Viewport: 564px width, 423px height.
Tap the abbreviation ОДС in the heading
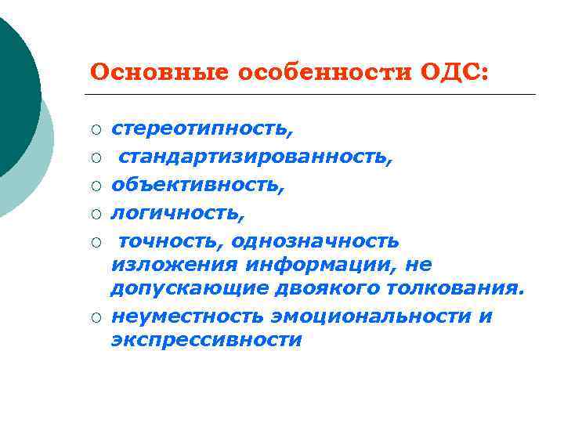(454, 73)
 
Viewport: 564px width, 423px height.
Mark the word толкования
(456, 289)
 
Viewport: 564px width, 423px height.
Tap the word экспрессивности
(206, 341)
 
